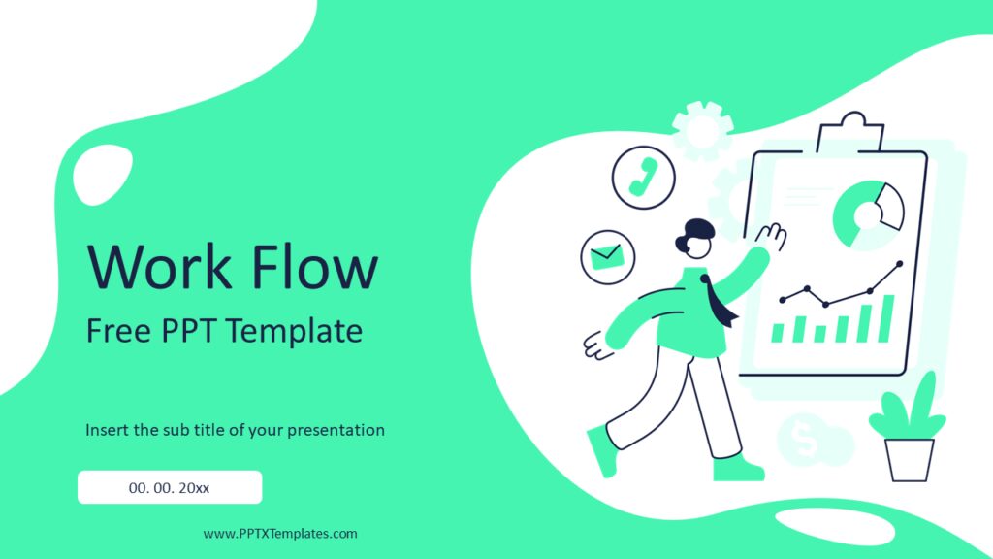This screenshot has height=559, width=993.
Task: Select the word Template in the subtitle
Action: pyautogui.click(x=295, y=332)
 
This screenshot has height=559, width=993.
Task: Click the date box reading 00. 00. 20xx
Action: pyautogui.click(x=170, y=487)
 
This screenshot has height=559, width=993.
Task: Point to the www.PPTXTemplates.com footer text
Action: pyautogui.click(x=280, y=534)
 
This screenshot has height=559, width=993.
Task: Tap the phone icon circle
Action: pyautogui.click(x=643, y=177)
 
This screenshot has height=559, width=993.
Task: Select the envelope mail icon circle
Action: pyautogui.click(x=607, y=256)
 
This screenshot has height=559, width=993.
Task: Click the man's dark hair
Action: pyautogui.click(x=696, y=234)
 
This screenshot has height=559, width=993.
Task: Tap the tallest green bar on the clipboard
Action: pyautogui.click(x=885, y=318)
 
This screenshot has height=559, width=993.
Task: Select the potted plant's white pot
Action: pyautogui.click(x=910, y=459)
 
